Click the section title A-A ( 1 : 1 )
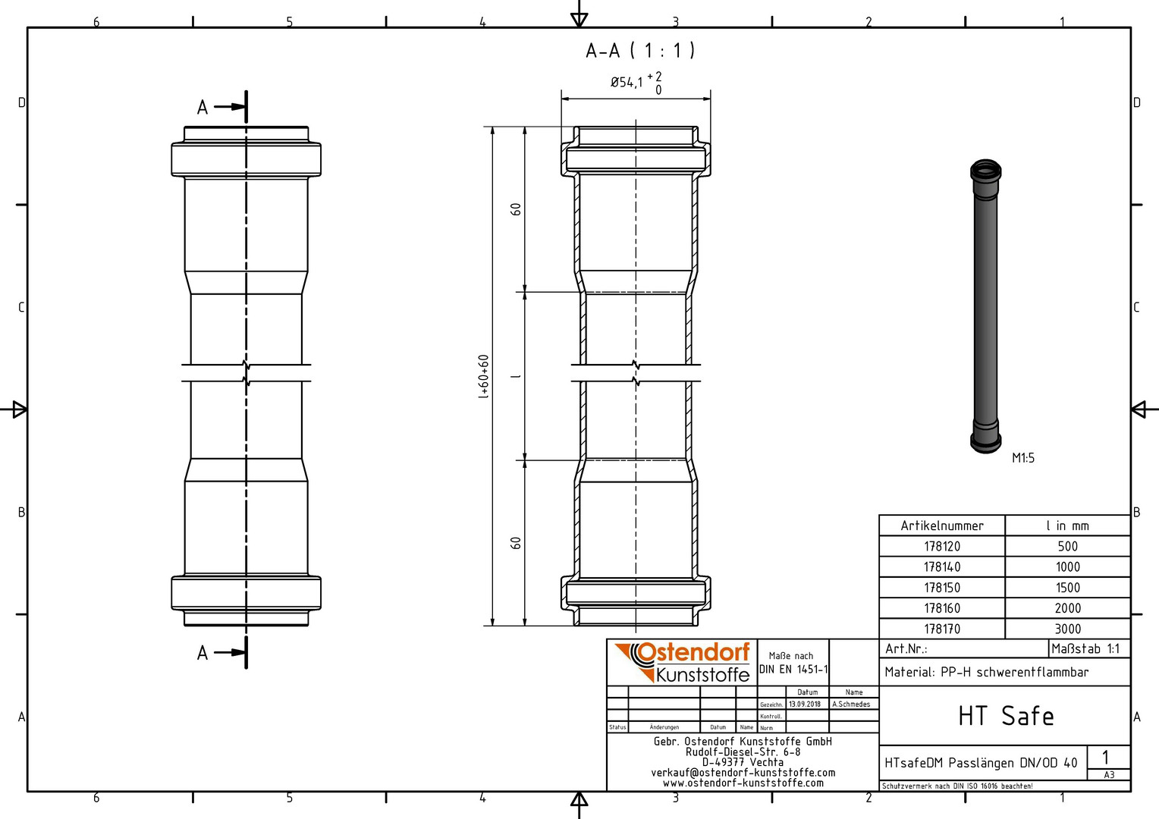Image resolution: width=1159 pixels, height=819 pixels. tap(640, 51)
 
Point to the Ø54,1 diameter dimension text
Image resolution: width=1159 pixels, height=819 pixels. tap(627, 82)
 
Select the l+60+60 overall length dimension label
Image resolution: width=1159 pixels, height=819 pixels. tap(483, 377)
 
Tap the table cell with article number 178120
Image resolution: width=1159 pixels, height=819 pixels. tap(942, 546)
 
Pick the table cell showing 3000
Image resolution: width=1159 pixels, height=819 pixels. tap(1067, 629)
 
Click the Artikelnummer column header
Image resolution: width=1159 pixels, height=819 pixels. tap(942, 526)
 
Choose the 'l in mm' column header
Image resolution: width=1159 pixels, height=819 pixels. tap(1067, 526)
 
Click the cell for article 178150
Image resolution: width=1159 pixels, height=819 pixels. tap(942, 588)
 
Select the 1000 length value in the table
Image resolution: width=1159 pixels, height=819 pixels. tap(1067, 567)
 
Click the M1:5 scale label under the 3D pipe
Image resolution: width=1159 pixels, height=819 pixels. tap(1023, 458)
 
